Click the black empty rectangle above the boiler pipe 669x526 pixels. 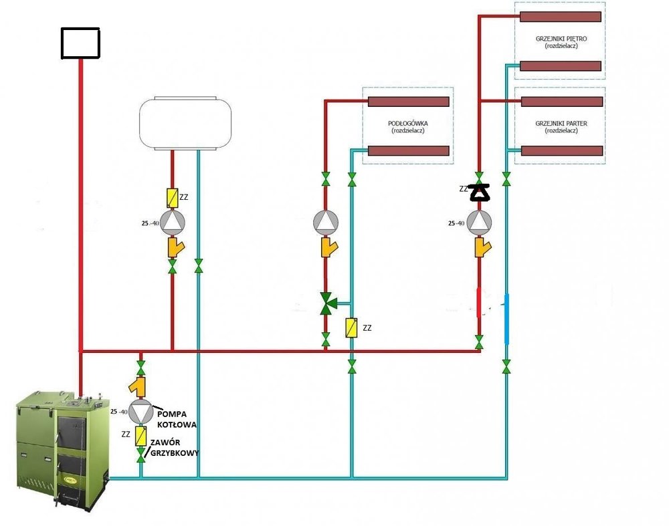(80, 43)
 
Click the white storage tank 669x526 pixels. (185, 124)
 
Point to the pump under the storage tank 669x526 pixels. (173, 221)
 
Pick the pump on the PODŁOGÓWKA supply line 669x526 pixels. (326, 221)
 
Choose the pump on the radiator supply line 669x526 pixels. (479, 221)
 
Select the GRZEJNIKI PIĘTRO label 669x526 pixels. (561, 39)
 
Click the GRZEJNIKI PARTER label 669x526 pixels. (561, 124)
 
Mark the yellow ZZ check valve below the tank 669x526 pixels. (173, 197)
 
